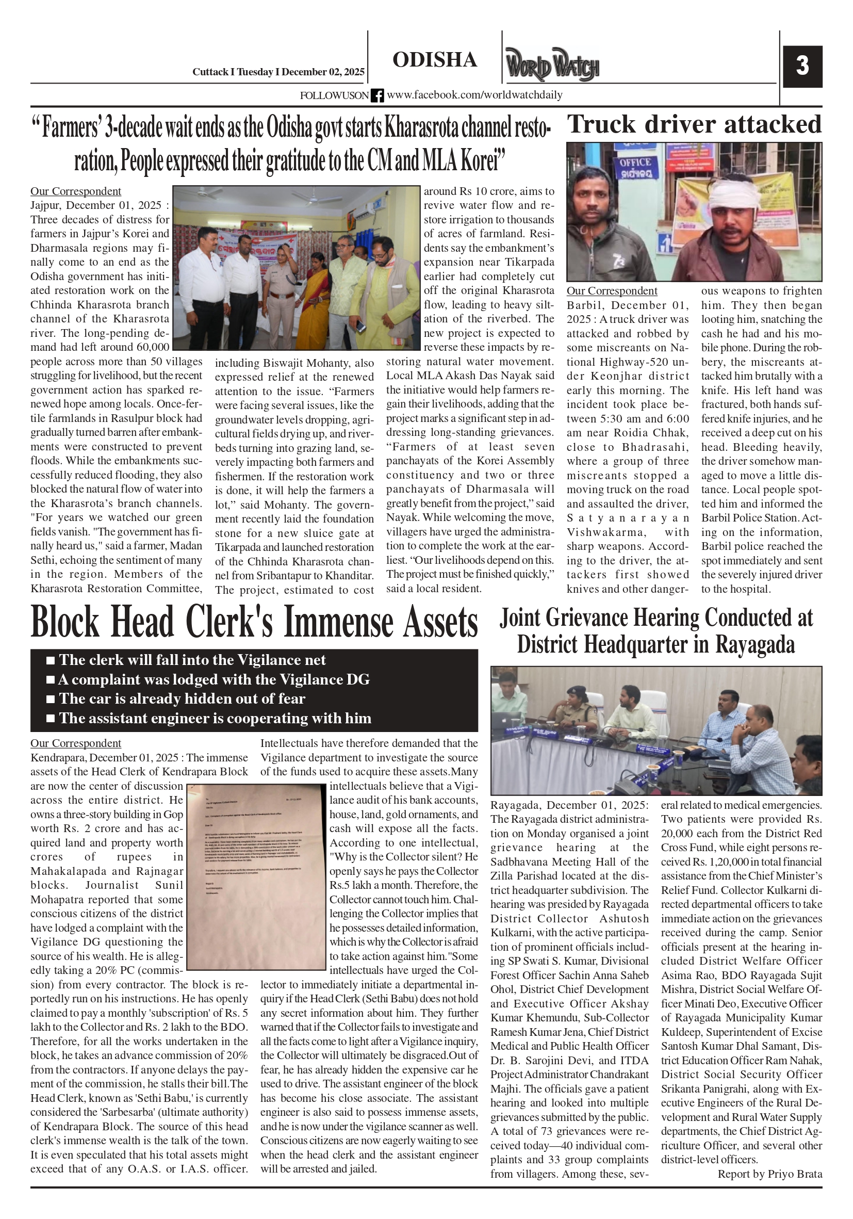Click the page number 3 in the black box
pyautogui.click(x=802, y=67)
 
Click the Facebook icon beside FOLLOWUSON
pyautogui.click(x=377, y=95)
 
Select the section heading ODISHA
pyautogui.click(x=435, y=60)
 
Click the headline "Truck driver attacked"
pyautogui.click(x=694, y=125)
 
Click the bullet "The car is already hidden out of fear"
pyautogui.click(x=182, y=698)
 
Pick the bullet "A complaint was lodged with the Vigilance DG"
pyautogui.click(x=214, y=679)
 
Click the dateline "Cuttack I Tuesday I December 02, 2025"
pyautogui.click(x=278, y=72)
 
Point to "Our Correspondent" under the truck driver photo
pyautogui.click(x=612, y=291)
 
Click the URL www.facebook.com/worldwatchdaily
pyautogui.click(x=474, y=95)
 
